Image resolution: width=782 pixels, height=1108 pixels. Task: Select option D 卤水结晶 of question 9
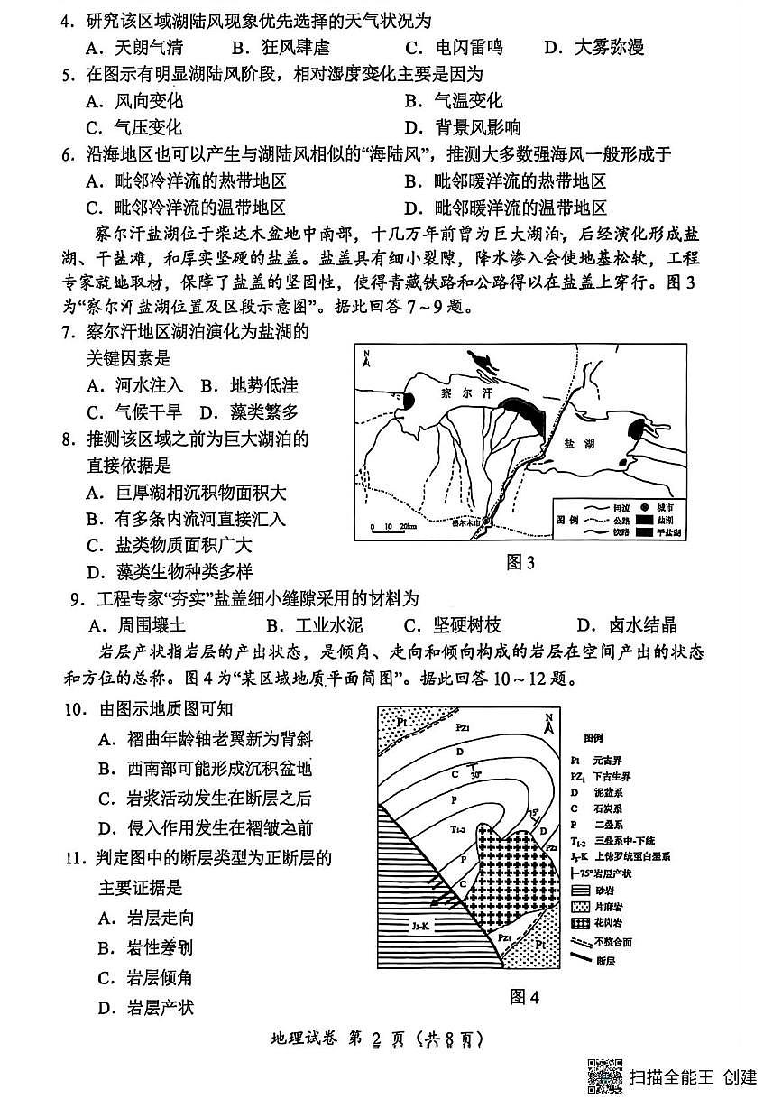pos(627,624)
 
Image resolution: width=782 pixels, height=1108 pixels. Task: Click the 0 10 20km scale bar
pos(393,527)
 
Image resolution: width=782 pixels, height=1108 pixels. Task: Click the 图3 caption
pos(520,564)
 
